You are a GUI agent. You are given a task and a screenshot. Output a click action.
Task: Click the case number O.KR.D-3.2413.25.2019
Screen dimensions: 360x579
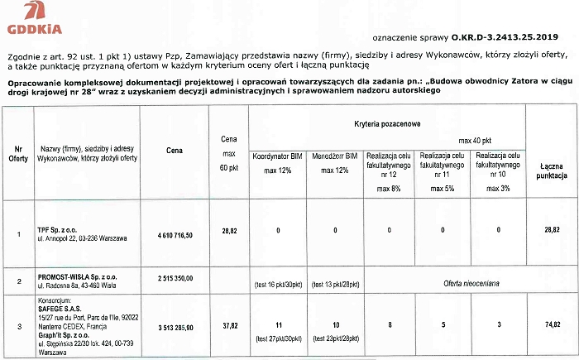pyautogui.click(x=505, y=37)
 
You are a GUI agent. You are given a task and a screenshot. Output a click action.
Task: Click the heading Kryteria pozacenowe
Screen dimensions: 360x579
pyautogui.click(x=389, y=122)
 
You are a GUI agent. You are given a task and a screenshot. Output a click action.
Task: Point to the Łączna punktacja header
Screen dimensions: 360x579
pyautogui.click(x=552, y=171)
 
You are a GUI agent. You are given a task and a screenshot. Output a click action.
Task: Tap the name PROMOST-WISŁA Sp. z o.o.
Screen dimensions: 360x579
pyautogui.click(x=78, y=273)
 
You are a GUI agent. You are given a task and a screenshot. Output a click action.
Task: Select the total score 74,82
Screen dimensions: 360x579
pyautogui.click(x=552, y=327)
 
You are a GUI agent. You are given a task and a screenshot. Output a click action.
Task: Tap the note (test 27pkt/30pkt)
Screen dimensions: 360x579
pyautogui.click(x=278, y=338)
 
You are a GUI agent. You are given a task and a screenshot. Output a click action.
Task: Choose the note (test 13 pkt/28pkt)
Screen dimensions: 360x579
pyautogui.click(x=335, y=285)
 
